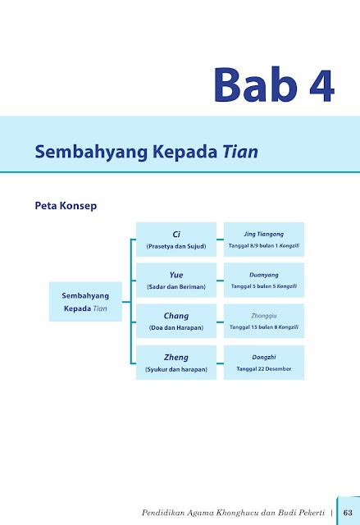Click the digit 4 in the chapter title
321,85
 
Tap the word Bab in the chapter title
256,84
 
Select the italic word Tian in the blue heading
240,151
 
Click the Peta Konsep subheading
66,206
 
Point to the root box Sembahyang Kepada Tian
85,302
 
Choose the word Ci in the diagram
176,235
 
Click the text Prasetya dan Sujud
176,246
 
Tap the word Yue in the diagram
176,275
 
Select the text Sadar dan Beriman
176,287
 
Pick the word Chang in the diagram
176,316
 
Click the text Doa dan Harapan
176,328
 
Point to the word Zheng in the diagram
176,358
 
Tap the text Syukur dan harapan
176,369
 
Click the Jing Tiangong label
263,234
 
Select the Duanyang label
263,275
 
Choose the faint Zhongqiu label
263,316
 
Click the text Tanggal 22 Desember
263,368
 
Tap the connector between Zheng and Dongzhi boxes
220,363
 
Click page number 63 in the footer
348,513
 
